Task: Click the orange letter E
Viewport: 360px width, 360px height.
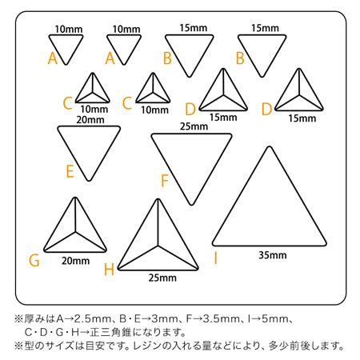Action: pos(70,171)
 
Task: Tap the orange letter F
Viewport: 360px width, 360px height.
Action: pos(165,181)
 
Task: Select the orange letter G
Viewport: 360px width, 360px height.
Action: pos(34,260)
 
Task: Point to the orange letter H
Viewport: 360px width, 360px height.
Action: pos(109,270)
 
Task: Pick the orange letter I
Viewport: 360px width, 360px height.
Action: pos(215,258)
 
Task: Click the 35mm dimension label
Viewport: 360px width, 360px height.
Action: pos(273,255)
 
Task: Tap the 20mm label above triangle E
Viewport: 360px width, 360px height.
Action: pos(90,120)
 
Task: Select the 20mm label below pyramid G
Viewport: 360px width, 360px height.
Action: pos(76,261)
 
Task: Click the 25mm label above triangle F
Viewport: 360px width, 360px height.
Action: pos(194,126)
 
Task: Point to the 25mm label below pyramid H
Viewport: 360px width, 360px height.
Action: pos(162,278)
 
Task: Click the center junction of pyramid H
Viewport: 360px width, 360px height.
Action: pos(158,246)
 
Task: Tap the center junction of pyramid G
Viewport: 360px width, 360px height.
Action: pos(75,232)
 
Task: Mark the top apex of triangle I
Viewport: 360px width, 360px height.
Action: pos(270,147)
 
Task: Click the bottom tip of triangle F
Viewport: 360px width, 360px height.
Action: pos(191,205)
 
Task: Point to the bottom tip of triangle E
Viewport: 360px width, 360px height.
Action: pos(89,181)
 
